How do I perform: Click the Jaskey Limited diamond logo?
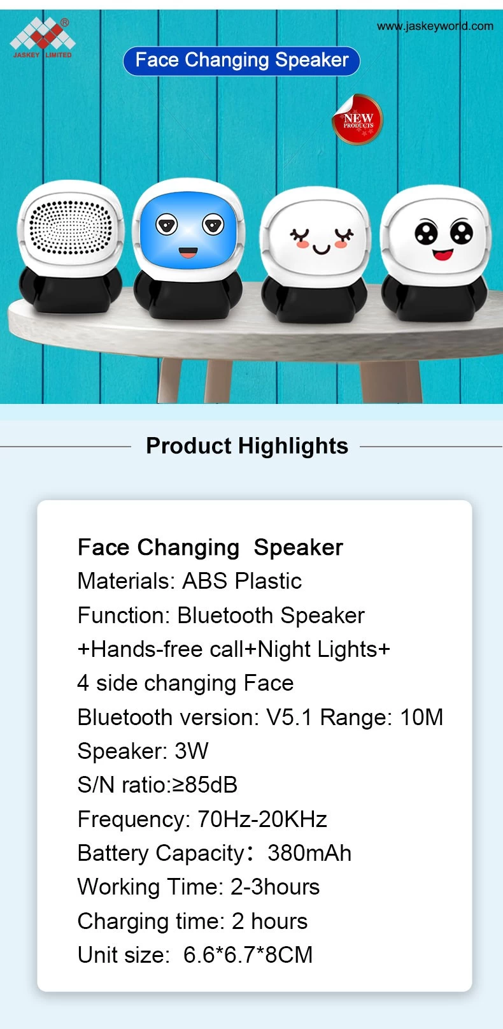tap(42, 34)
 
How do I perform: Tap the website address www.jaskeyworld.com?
tap(435, 26)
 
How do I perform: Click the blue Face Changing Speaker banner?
tap(241, 61)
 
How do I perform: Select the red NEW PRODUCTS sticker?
tap(357, 119)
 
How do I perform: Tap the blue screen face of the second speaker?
tap(188, 231)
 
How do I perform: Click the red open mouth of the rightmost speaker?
tap(443, 254)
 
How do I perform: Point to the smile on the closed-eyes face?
tap(322, 249)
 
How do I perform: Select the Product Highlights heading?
tap(247, 445)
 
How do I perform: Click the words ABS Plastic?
tap(242, 580)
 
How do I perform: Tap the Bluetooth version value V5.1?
tap(289, 717)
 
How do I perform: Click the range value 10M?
tap(422, 717)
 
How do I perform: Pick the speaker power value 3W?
tap(192, 751)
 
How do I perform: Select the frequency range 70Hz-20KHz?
tap(262, 819)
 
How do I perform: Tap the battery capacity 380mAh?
tap(309, 853)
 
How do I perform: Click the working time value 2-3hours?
tap(275, 887)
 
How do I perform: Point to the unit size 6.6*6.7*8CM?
tap(248, 955)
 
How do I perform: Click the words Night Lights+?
tap(323, 649)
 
